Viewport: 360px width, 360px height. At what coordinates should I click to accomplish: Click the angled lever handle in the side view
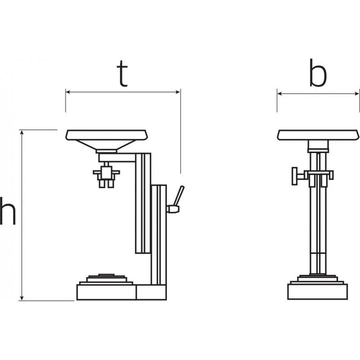coord(179,195)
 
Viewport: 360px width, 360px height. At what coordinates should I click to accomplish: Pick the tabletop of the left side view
coord(107,134)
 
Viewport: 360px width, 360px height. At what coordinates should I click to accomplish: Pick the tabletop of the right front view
coord(318,134)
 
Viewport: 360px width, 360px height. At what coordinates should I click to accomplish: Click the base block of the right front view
coord(318,291)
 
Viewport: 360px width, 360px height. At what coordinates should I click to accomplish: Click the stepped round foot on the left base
coord(106,279)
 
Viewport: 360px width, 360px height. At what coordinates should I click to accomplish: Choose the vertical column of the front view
coord(318,225)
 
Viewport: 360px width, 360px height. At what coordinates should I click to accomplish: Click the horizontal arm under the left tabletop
coord(118,157)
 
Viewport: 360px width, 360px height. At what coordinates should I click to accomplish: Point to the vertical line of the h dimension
coord(22,215)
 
